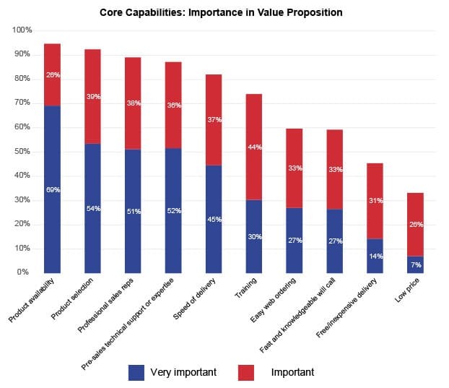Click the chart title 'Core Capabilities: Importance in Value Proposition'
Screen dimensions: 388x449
click(x=221, y=12)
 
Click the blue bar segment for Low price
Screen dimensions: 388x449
click(x=414, y=264)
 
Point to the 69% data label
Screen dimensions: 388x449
click(x=52, y=190)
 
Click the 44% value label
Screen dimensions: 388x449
click(x=253, y=147)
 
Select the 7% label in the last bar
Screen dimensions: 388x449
click(x=414, y=265)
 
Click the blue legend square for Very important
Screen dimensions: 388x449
click(x=136, y=373)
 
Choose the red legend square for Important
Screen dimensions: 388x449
click(x=245, y=373)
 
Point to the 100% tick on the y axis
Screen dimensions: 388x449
click(x=22, y=30)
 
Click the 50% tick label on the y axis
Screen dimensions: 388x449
click(x=22, y=152)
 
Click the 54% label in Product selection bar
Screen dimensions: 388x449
click(x=92, y=209)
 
